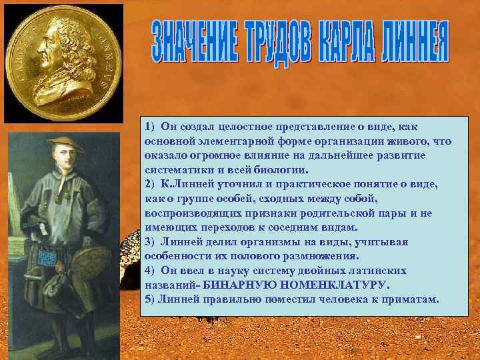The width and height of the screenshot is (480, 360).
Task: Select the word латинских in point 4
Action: click(x=394, y=270)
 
